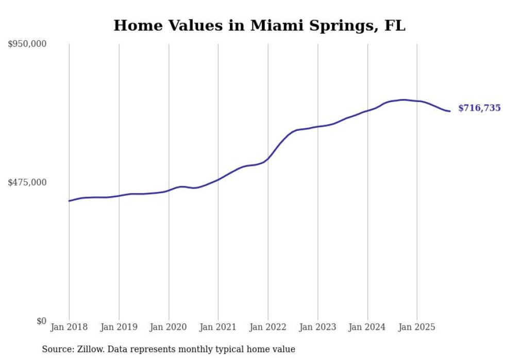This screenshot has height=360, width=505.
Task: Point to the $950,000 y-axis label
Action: click(27, 44)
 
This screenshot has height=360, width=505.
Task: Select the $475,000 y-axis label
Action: click(27, 182)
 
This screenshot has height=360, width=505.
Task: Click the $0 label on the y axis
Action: click(41, 321)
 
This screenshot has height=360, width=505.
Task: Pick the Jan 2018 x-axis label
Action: click(69, 327)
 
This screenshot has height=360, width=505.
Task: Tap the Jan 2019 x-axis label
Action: click(119, 327)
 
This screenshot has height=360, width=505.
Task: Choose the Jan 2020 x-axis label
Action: click(169, 327)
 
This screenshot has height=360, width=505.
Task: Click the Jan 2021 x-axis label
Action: click(218, 327)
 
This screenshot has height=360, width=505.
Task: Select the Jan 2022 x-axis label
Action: click(268, 327)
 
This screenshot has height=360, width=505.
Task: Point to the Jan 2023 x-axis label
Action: click(317, 327)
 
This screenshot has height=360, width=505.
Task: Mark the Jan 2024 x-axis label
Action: click(367, 327)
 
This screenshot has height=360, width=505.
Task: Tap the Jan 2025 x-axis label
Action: click(417, 327)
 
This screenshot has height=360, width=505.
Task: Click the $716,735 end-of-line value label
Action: click(479, 108)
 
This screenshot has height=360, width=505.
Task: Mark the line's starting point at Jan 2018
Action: click(69, 201)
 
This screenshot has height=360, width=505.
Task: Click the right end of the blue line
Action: click(450, 111)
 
